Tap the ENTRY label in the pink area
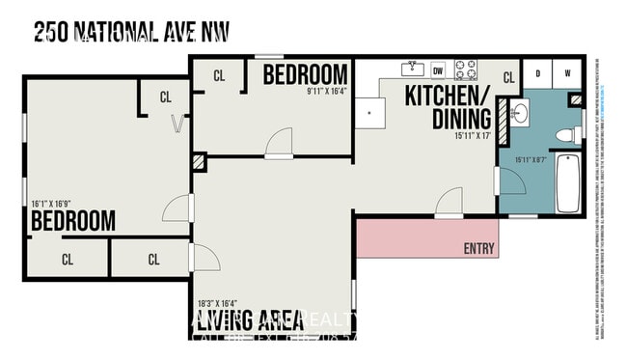[x=478, y=248]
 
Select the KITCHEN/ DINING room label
[x=448, y=107]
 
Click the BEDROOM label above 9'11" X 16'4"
[x=305, y=73]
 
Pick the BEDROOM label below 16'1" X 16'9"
[x=73, y=221]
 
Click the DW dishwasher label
[x=438, y=69]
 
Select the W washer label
[x=567, y=71]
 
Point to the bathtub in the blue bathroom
[x=567, y=183]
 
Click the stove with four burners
[x=466, y=69]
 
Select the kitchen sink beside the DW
[x=413, y=69]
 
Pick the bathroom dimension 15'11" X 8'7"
[x=532, y=160]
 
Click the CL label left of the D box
[x=508, y=78]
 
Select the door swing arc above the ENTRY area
[x=450, y=204]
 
